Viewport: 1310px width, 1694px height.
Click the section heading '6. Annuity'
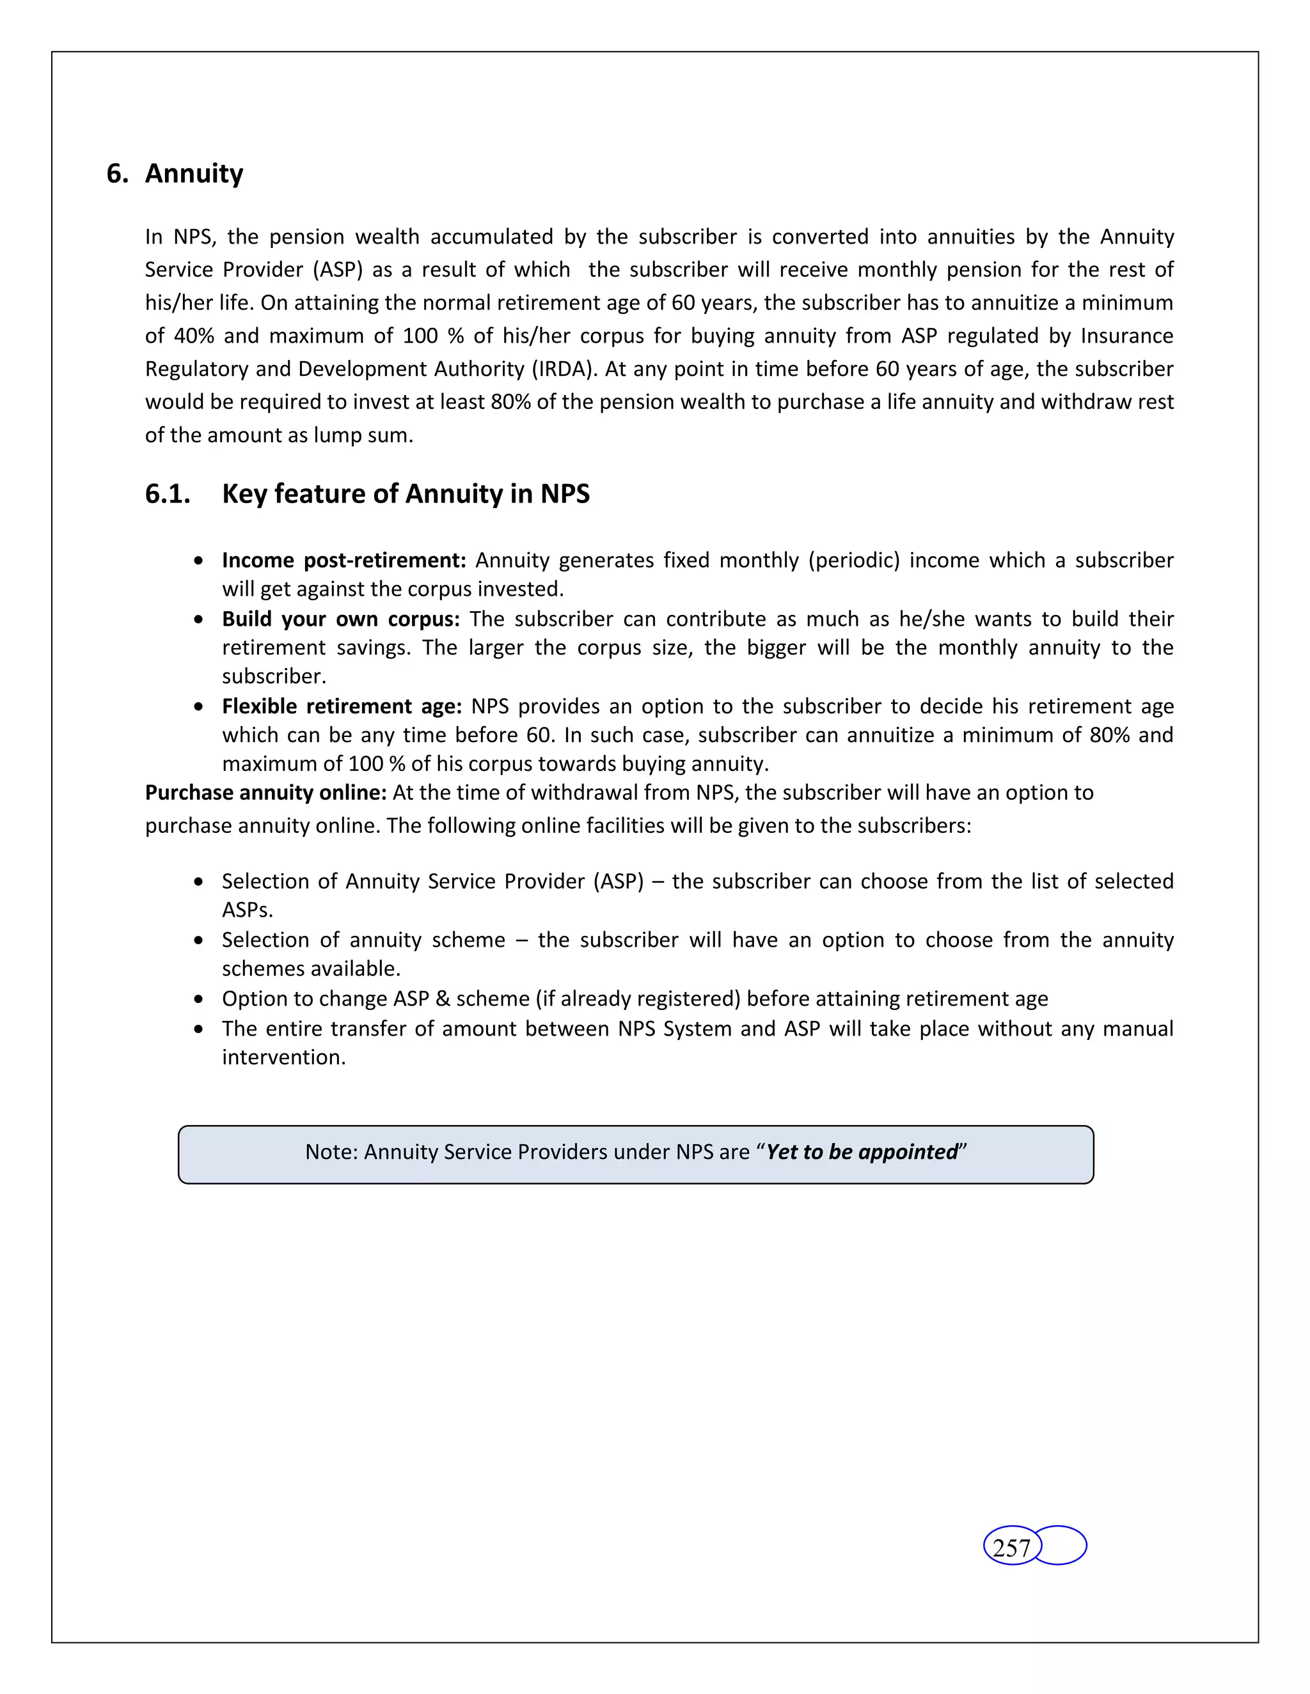tap(175, 174)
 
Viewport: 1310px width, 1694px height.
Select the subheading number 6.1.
tap(168, 494)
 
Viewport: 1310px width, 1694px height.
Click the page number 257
tap(1011, 1548)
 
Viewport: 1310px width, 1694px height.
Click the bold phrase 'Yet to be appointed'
tap(862, 1152)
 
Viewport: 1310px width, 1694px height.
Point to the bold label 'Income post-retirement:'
tap(343, 560)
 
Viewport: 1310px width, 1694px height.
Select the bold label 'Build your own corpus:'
tap(341, 619)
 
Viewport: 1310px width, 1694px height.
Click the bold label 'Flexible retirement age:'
tap(342, 706)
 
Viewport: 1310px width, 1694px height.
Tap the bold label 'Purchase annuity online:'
tap(265, 793)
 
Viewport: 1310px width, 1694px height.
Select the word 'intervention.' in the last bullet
tap(283, 1058)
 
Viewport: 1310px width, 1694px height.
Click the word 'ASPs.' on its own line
tap(248, 910)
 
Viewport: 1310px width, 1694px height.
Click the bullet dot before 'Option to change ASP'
tap(200, 1000)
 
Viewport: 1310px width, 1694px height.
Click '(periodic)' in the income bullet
tap(853, 560)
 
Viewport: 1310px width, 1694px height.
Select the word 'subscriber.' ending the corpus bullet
tap(274, 676)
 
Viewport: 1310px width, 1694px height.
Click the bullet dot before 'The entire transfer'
tap(200, 1029)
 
